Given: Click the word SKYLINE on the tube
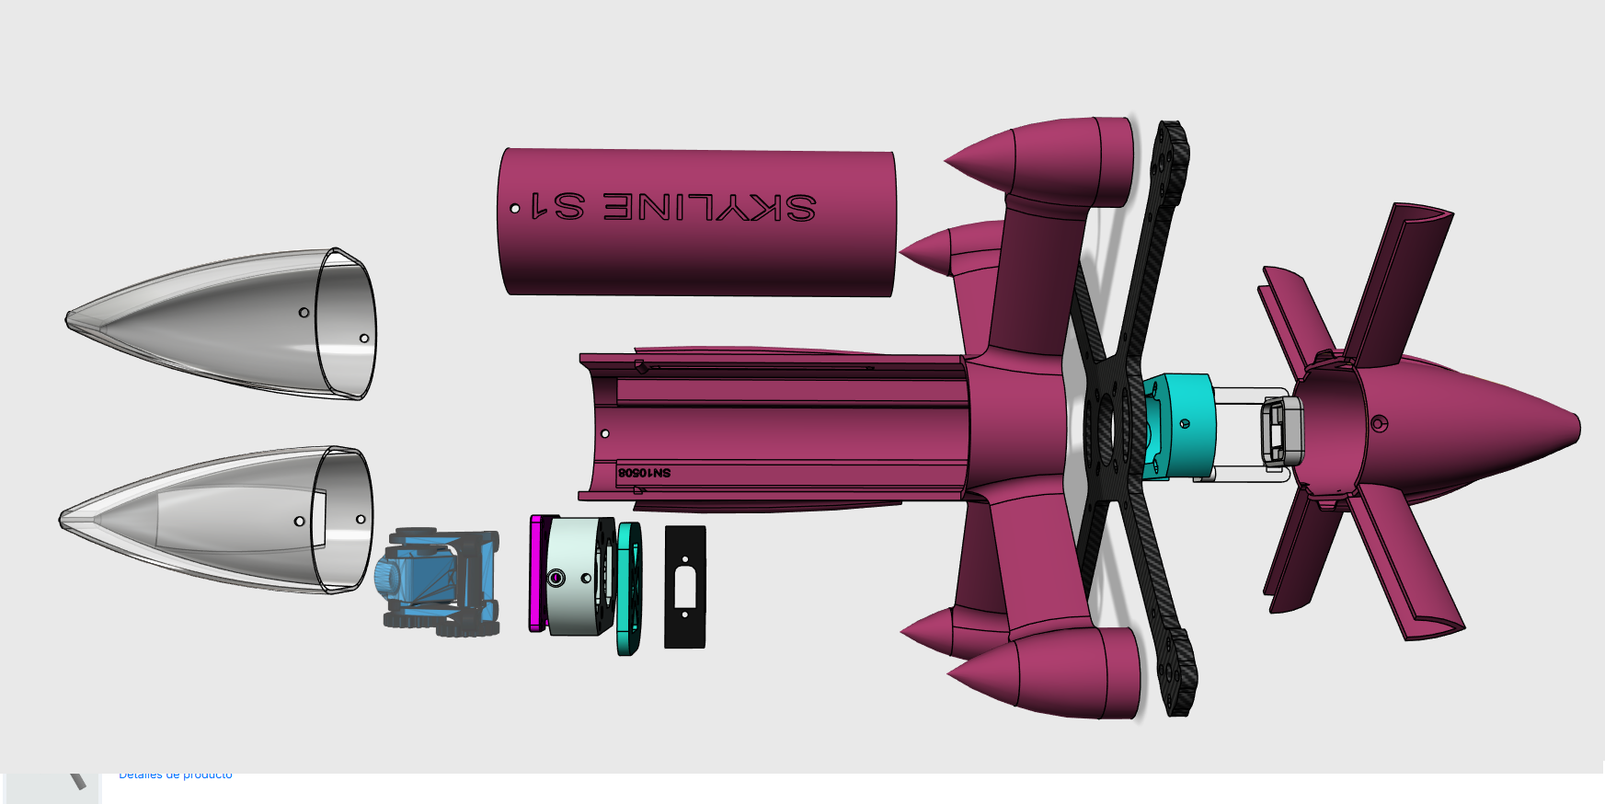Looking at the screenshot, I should (708, 207).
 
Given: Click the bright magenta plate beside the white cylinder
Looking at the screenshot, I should (536, 573).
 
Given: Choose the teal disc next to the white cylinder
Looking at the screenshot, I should (630, 589).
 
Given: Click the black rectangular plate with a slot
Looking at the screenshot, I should (684, 587).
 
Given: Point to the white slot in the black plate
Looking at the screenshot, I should (684, 588).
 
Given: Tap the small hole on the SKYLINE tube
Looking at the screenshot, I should (515, 209).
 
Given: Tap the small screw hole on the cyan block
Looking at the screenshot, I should (1185, 423).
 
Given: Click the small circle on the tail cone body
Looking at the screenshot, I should (1378, 423).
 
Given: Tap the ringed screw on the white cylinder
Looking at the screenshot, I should (556, 578).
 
